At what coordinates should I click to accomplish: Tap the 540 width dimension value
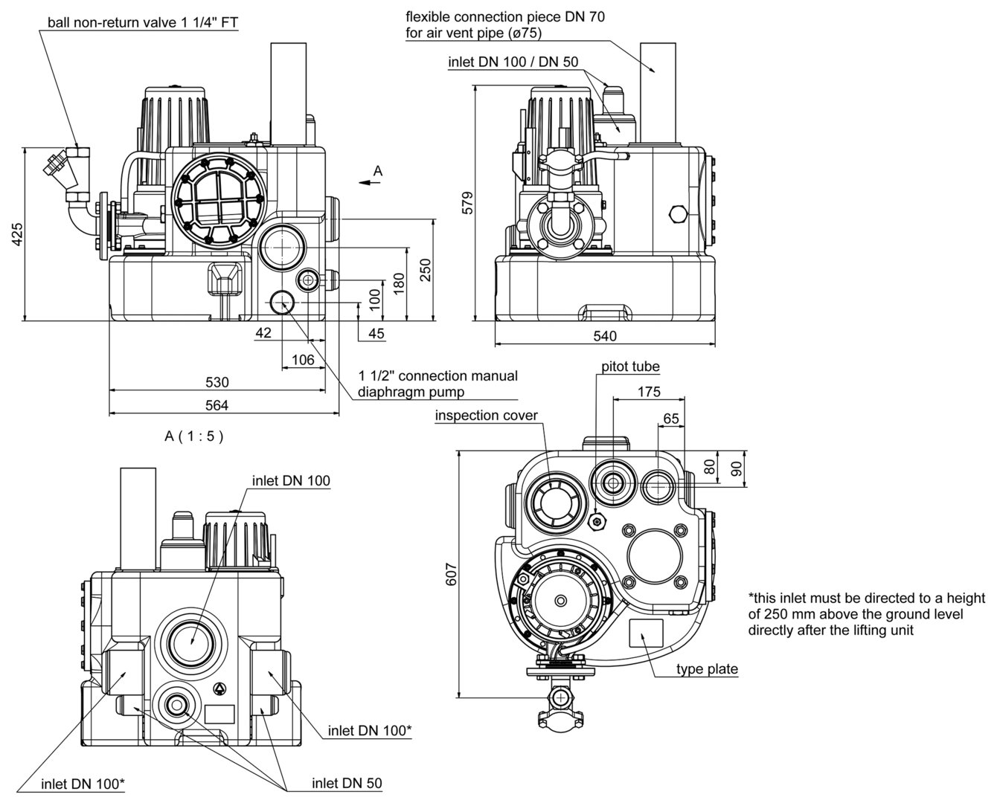(x=606, y=336)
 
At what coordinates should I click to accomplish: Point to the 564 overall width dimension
(x=217, y=405)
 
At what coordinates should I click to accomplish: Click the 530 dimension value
(x=217, y=382)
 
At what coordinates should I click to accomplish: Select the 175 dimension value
(x=649, y=390)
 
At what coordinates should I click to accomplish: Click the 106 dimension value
(x=303, y=360)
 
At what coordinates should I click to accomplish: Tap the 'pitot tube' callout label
(x=630, y=367)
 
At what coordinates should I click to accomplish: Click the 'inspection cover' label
(x=486, y=415)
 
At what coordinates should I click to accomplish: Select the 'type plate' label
(x=707, y=669)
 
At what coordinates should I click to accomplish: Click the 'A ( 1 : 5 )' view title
(x=194, y=436)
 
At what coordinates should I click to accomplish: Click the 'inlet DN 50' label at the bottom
(x=347, y=783)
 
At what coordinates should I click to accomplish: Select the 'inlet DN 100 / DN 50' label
(x=513, y=62)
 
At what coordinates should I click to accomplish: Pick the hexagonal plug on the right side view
(x=678, y=214)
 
